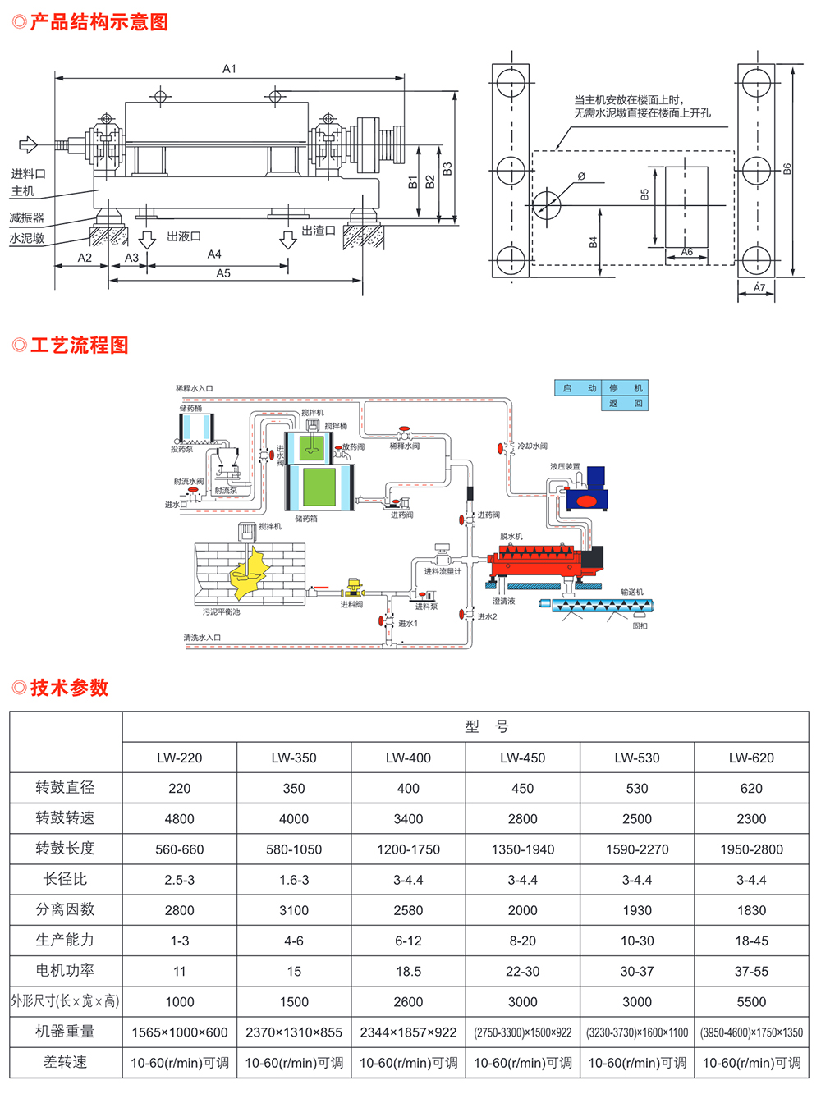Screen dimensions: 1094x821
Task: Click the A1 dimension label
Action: coord(229,69)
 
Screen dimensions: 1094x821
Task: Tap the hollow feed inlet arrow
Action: coord(28,145)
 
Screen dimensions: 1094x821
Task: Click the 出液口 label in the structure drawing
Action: coord(183,236)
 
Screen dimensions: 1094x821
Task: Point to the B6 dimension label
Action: coord(787,169)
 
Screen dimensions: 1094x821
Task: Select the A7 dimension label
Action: coord(759,288)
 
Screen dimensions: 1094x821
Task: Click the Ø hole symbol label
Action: coord(581,176)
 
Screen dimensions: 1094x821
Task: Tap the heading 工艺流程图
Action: coord(79,346)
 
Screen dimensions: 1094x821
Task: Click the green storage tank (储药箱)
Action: coord(319,487)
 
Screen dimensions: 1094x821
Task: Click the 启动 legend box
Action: coord(579,388)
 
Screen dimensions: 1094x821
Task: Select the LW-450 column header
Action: coord(522,758)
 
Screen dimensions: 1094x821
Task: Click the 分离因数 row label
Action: coord(65,909)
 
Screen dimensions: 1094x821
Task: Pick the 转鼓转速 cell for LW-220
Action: coord(179,818)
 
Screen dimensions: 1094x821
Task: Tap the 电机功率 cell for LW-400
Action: coord(408,971)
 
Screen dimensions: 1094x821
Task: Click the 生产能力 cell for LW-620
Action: coord(751,941)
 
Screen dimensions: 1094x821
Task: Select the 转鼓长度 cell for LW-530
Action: coord(637,849)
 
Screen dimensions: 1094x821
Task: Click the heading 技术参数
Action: coord(69,688)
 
